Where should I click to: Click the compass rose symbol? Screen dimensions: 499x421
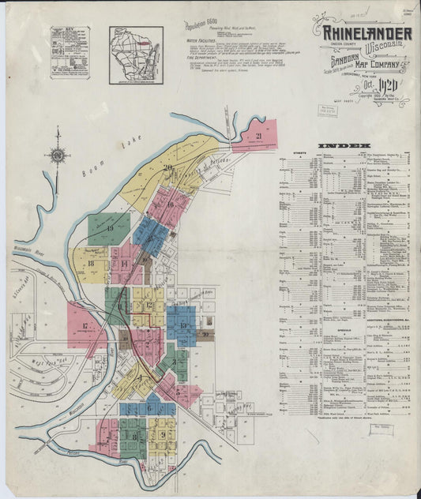pyautogui.click(x=58, y=156)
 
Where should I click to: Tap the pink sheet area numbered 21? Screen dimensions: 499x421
pyautogui.click(x=254, y=136)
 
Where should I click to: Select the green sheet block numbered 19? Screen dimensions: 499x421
pyautogui.click(x=109, y=229)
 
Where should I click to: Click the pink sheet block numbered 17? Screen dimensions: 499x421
pyautogui.click(x=85, y=325)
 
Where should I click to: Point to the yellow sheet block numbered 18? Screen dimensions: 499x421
pyautogui.click(x=92, y=265)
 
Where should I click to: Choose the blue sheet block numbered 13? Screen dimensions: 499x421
pyautogui.click(x=182, y=325)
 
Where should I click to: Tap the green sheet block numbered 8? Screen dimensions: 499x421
pyautogui.click(x=134, y=435)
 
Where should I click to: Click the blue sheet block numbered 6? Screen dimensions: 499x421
pyautogui.click(x=148, y=408)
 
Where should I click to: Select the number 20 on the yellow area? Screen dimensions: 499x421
pyautogui.click(x=167, y=167)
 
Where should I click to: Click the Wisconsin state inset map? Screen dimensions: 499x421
pyautogui.click(x=136, y=54)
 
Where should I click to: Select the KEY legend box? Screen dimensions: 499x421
pyautogui.click(x=70, y=53)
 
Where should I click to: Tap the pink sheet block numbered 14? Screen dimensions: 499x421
pyautogui.click(x=125, y=265)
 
